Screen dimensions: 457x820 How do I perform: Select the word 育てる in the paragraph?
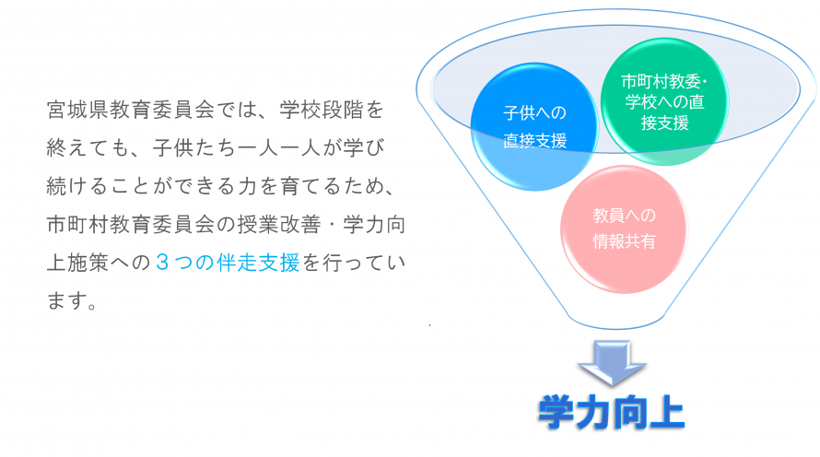pos(294,187)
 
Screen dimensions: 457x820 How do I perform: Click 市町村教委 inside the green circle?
pos(655,81)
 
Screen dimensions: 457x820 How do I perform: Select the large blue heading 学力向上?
pos(612,414)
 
